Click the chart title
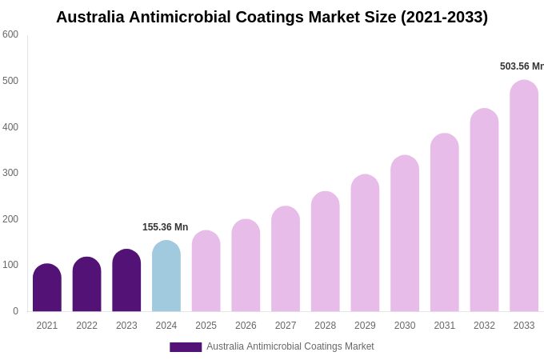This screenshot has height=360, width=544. pos(272,17)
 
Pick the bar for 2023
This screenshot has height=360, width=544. pos(126,281)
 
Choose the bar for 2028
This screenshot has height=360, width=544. pos(326,252)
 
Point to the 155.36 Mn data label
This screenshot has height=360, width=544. pos(165,227)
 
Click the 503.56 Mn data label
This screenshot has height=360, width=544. pos(521,66)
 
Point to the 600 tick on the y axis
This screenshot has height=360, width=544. pos(10,34)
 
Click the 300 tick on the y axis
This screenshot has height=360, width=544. pos(10,173)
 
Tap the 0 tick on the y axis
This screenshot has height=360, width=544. pos(15,311)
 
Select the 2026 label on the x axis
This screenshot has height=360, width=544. pos(246,326)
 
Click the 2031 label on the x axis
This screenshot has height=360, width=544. pos(445,326)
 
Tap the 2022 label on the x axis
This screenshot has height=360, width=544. pos(86,326)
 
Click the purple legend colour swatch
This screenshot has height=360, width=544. pos(186,347)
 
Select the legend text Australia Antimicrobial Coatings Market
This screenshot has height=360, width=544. pos(290,346)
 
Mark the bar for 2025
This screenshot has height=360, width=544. pos(206,271)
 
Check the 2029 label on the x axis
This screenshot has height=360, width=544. pos(365,326)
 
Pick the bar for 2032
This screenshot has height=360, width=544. pos(484,210)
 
